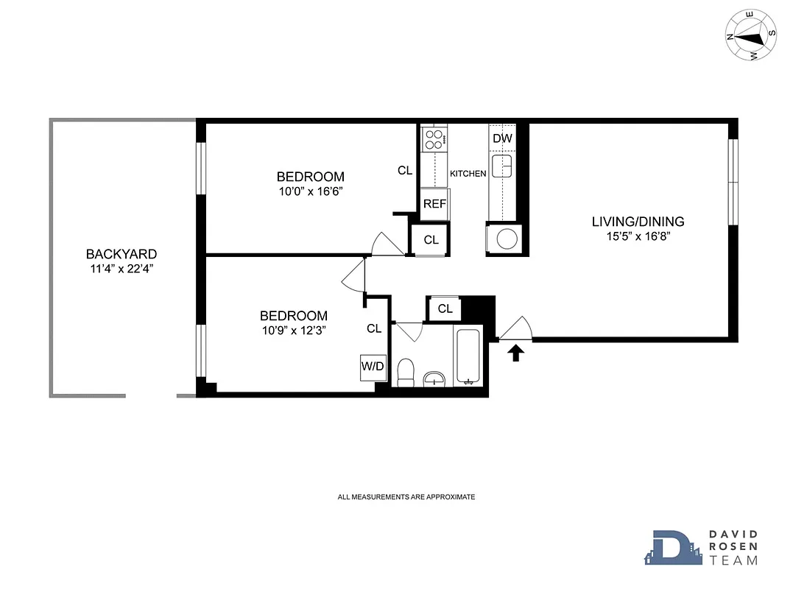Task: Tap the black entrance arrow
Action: tap(516, 354)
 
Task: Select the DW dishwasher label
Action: tap(502, 138)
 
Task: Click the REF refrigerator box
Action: tap(434, 203)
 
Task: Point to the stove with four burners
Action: tap(434, 138)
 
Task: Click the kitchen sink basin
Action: tap(502, 166)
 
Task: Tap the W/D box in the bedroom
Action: tap(373, 366)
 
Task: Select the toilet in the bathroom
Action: tap(406, 372)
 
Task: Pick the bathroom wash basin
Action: tap(434, 378)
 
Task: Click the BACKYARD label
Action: tap(121, 254)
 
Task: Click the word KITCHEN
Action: tap(468, 174)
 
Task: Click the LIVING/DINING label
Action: tap(638, 222)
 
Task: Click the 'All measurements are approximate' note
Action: tap(406, 497)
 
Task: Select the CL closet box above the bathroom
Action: tap(445, 308)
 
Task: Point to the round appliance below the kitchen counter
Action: tap(505, 239)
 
